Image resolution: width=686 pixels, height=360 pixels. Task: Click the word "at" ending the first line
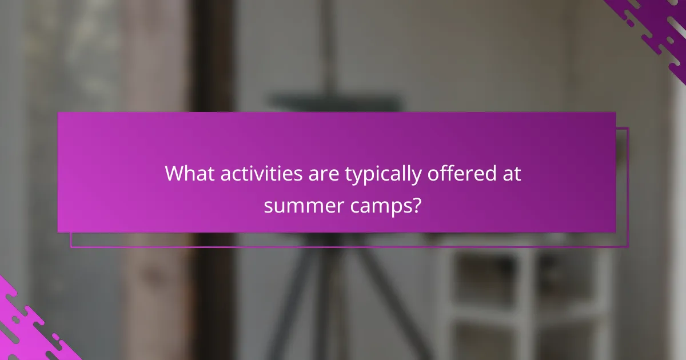tap(510, 174)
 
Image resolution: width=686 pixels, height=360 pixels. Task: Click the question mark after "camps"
tap(417, 204)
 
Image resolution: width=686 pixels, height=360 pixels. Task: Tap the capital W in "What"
tap(174, 174)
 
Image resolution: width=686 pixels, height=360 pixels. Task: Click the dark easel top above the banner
tap(337, 102)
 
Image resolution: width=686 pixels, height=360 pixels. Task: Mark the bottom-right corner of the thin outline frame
tap(628, 247)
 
